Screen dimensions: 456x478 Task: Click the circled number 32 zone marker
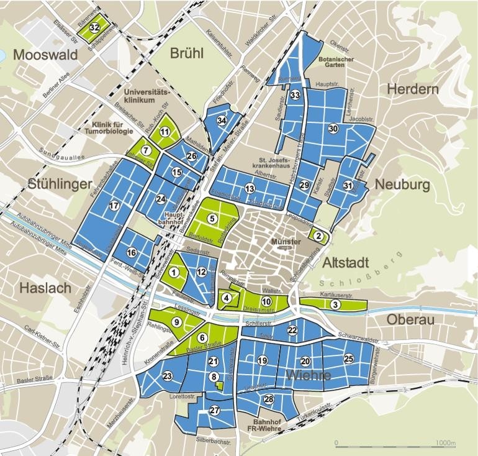coord(95,27)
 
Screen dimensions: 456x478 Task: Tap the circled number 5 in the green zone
coord(212,218)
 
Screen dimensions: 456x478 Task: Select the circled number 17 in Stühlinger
coord(114,206)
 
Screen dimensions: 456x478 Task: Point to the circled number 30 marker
coord(333,128)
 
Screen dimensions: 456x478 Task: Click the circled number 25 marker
coord(349,358)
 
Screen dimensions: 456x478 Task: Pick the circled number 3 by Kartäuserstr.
coord(335,304)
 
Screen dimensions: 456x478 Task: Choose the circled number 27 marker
coord(215,410)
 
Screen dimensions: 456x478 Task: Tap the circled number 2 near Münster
coord(318,235)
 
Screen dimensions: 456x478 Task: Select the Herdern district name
coord(412,89)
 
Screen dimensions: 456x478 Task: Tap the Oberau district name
coord(409,319)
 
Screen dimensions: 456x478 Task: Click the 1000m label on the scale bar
coord(445,444)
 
